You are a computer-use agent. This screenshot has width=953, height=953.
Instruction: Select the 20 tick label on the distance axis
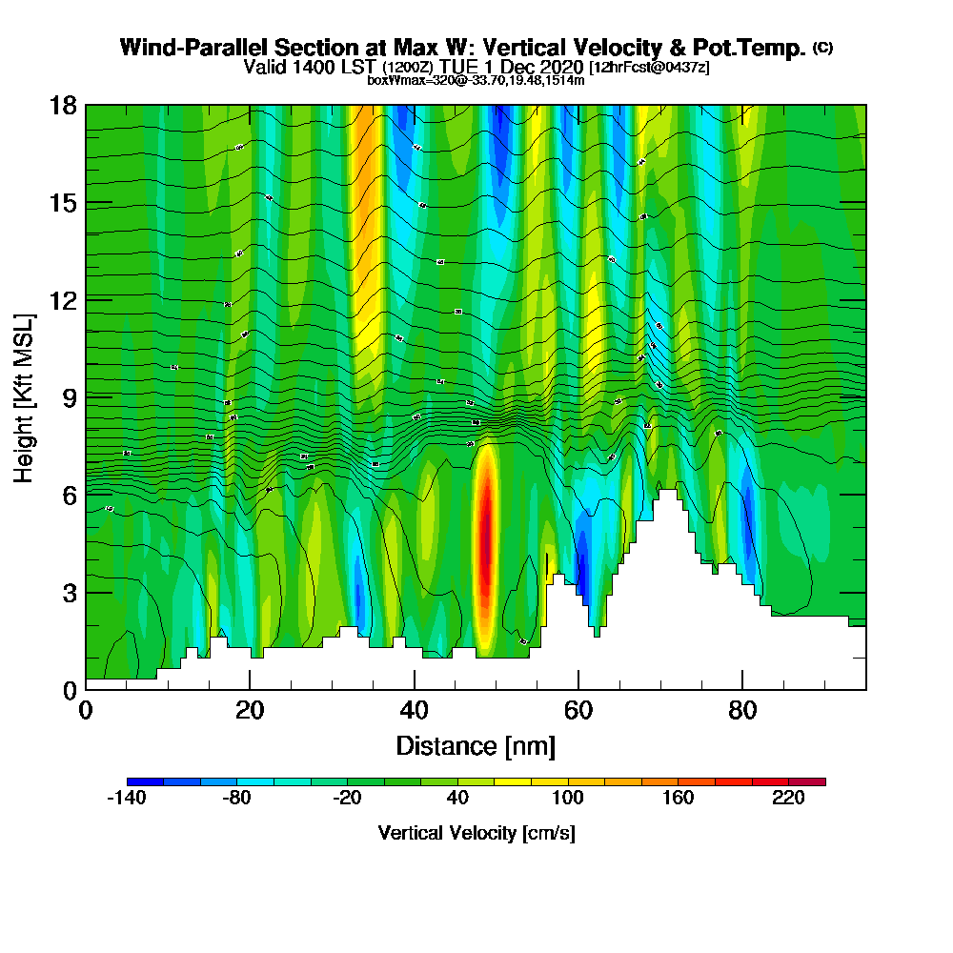[250, 711]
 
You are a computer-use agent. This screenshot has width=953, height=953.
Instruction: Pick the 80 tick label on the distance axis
[742, 711]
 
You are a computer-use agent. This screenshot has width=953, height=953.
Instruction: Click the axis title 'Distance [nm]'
[476, 745]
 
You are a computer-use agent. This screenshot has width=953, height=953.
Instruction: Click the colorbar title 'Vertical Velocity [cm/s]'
[476, 833]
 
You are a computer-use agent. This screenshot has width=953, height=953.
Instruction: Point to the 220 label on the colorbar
[788, 800]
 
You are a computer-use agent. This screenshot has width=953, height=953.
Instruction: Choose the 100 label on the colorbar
[568, 800]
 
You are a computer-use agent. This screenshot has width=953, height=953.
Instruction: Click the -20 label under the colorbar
[347, 800]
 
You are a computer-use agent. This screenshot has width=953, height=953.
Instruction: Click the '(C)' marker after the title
[822, 48]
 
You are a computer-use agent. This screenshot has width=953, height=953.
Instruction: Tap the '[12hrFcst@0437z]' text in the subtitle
[649, 67]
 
